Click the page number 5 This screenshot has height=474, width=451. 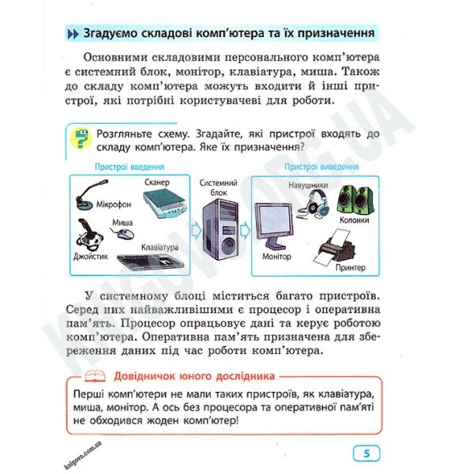366,453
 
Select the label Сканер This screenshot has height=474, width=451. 159,182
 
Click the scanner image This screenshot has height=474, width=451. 162,207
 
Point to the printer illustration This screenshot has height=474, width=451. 340,250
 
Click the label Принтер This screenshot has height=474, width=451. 351,269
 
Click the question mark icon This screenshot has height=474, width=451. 80,139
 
